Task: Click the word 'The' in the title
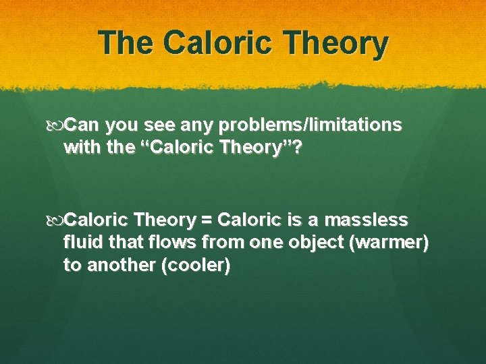pos(126,44)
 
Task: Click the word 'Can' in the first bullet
pos(85,125)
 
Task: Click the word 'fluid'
pos(80,242)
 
